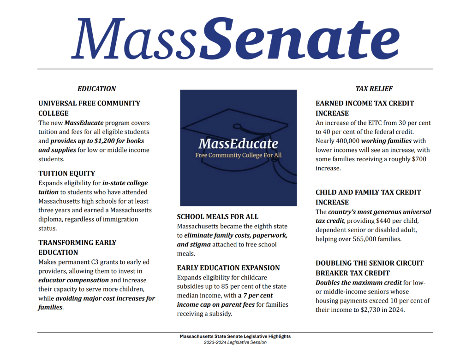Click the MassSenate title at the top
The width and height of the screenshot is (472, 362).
(x=235, y=39)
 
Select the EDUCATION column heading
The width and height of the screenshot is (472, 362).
(x=97, y=88)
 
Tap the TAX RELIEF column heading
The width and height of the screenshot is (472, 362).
(x=374, y=88)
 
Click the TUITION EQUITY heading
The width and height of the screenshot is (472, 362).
(x=67, y=173)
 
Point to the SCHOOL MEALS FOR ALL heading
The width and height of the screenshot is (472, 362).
(x=218, y=216)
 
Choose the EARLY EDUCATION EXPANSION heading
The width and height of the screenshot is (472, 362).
(x=228, y=268)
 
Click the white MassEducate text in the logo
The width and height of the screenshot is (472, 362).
(x=238, y=143)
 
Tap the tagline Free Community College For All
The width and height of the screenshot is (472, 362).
(x=238, y=155)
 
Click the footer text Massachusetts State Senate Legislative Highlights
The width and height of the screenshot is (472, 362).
(x=235, y=336)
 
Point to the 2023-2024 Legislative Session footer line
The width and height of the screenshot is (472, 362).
(x=235, y=342)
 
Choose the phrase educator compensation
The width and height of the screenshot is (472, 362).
(x=74, y=280)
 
